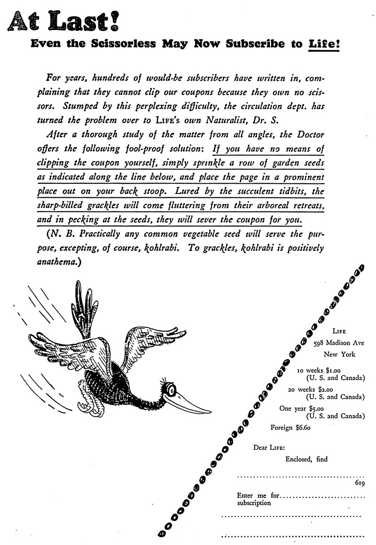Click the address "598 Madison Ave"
point(338,343)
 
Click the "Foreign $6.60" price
point(290,428)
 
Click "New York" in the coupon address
point(339,354)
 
